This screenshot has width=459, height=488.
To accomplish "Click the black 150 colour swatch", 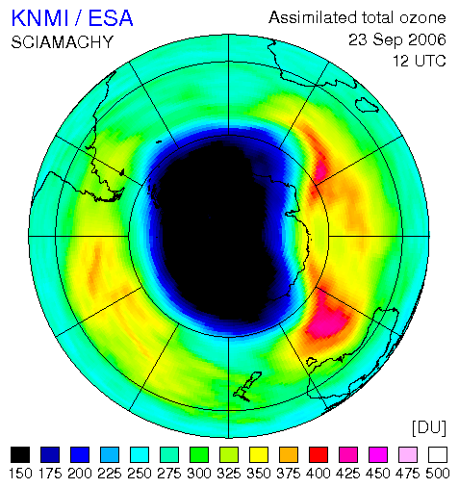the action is (20, 454).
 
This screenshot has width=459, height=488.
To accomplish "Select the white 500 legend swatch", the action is (438, 454).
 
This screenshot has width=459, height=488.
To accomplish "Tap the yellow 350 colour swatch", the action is (259, 454).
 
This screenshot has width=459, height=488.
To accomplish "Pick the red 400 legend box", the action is (319, 454).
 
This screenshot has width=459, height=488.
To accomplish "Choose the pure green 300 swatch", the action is (199, 454).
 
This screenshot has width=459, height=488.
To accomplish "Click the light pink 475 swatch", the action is (408, 454).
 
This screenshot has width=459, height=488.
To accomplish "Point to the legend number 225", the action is (110, 474).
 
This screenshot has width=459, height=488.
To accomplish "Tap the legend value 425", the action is (348, 474).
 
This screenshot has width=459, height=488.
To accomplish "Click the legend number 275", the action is (169, 474).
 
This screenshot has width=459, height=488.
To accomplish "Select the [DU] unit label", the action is (429, 427).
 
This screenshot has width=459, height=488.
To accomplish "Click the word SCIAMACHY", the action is (63, 42).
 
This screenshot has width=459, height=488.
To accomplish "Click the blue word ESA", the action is (111, 18).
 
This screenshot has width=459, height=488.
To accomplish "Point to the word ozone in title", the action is (422, 17).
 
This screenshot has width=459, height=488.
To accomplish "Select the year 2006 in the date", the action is (427, 39).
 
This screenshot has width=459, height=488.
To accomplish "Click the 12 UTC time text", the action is (420, 61).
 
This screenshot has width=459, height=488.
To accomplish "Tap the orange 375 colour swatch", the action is (289, 454).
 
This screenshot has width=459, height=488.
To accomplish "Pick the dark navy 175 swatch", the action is (50, 454).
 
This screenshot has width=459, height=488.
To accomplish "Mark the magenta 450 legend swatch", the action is (378, 454).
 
